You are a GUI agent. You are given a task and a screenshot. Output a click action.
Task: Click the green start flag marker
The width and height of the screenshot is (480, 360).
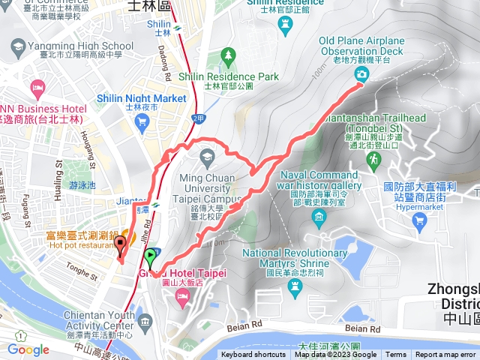(151, 256)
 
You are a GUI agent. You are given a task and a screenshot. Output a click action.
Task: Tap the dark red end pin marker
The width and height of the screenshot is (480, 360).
(121, 245)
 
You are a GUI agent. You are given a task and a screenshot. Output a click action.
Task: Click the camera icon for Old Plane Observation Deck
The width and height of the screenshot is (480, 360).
(361, 73)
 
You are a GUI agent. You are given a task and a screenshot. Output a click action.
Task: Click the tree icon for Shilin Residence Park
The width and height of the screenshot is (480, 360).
(228, 56)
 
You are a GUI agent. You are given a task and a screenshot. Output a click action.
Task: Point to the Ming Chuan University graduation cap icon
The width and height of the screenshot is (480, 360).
(206, 155)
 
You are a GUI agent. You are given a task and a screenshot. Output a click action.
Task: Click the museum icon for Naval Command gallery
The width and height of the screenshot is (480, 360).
(319, 219)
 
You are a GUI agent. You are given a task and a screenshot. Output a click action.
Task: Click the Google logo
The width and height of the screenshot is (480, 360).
(28, 349)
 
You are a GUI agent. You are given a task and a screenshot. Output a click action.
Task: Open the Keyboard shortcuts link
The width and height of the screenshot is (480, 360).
(253, 355)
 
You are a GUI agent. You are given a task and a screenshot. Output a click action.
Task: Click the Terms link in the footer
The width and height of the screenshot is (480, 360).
(396, 355)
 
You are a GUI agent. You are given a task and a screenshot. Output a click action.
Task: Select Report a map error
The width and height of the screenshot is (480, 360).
(445, 355)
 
